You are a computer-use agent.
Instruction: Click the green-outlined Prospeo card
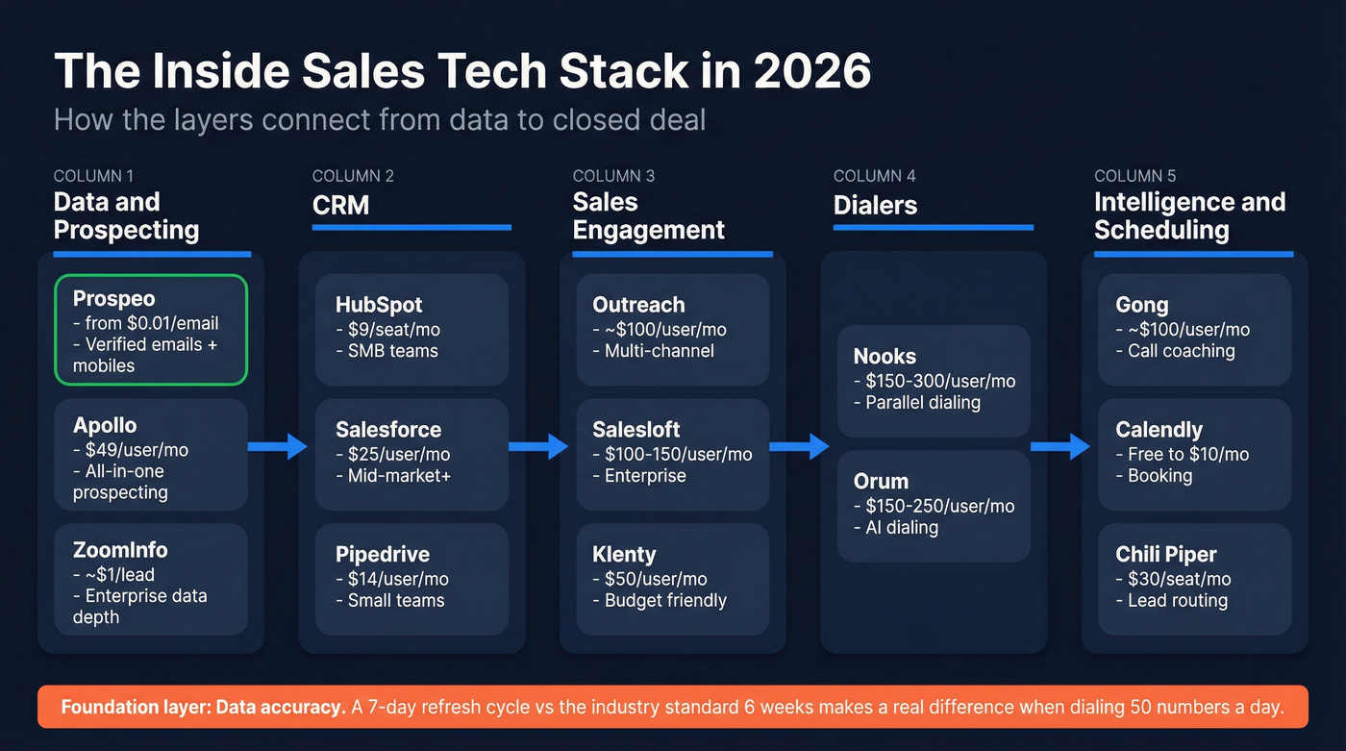tap(151, 330)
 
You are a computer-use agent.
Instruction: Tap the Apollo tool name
tap(105, 425)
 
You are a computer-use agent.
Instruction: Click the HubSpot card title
tap(379, 305)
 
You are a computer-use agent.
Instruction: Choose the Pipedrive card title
tap(383, 555)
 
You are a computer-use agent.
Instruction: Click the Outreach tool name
tap(638, 305)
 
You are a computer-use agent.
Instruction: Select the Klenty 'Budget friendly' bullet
tap(664, 601)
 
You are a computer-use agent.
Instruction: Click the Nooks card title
tap(885, 357)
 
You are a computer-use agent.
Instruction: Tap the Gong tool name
tap(1141, 305)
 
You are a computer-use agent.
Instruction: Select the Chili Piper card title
tap(1165, 555)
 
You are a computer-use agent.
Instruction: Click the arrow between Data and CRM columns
tap(277, 446)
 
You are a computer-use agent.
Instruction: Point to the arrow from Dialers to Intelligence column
tap(1060, 446)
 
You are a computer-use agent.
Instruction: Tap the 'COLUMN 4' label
tap(874, 176)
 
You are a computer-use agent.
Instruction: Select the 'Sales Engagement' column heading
tap(648, 216)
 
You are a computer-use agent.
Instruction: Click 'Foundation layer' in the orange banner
tap(134, 708)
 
